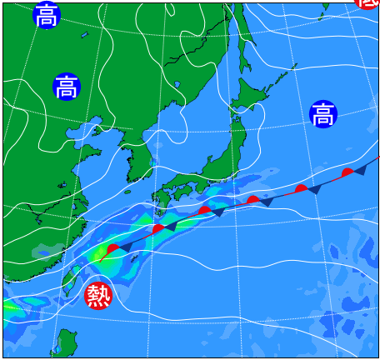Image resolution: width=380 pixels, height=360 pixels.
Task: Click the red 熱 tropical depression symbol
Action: (x=98, y=294)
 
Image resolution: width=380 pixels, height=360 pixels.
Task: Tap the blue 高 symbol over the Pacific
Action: (x=322, y=114)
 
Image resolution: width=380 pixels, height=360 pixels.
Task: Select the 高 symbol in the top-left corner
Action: (x=47, y=15)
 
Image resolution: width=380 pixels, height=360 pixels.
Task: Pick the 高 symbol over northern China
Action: (x=67, y=87)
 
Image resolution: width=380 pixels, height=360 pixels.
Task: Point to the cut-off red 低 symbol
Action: (x=368, y=3)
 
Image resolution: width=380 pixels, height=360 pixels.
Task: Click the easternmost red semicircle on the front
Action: (x=347, y=172)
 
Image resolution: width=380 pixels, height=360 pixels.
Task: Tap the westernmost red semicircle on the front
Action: (x=112, y=248)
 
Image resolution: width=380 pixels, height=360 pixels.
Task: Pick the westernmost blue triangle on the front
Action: (x=124, y=247)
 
